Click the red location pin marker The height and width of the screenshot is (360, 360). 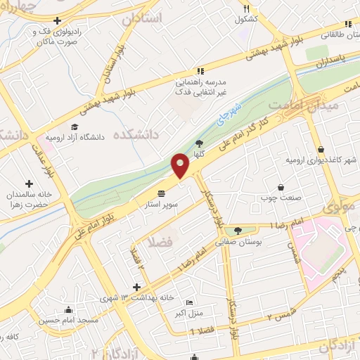tap(181, 165)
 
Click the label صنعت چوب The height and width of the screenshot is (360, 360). tap(283, 198)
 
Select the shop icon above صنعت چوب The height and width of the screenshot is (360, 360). tap(281, 188)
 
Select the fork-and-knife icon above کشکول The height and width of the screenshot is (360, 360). tap(246, 8)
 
